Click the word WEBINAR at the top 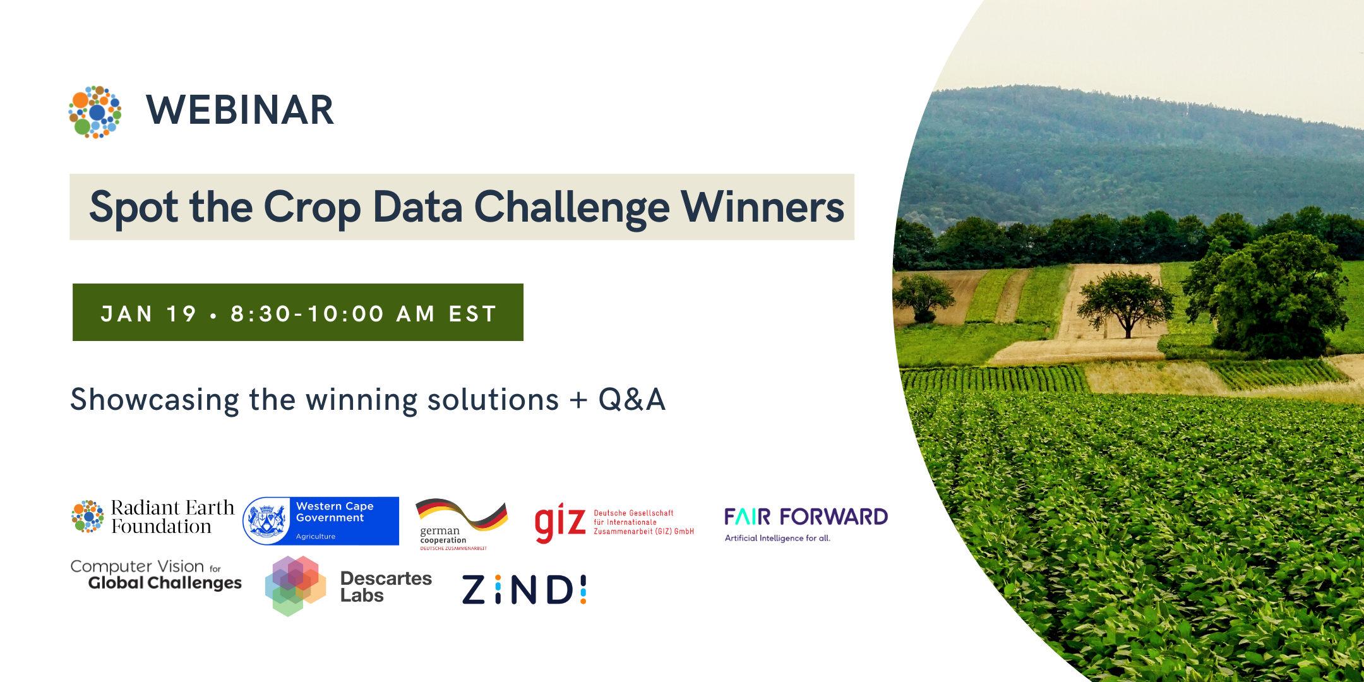coord(240,111)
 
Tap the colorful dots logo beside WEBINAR coord(95,112)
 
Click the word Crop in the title coord(312,208)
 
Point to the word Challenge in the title coord(571,208)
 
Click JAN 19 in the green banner coord(148,313)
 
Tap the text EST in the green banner coord(472,313)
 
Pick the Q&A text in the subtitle coord(631,400)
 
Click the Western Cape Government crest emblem coord(266,521)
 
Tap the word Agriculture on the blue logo coord(316,536)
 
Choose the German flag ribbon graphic coord(462,513)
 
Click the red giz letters coord(560,523)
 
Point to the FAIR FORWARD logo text coord(806,517)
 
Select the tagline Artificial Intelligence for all coord(777,538)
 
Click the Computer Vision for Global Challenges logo coord(156,575)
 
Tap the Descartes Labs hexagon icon coord(296,586)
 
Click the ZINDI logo coord(524,590)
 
